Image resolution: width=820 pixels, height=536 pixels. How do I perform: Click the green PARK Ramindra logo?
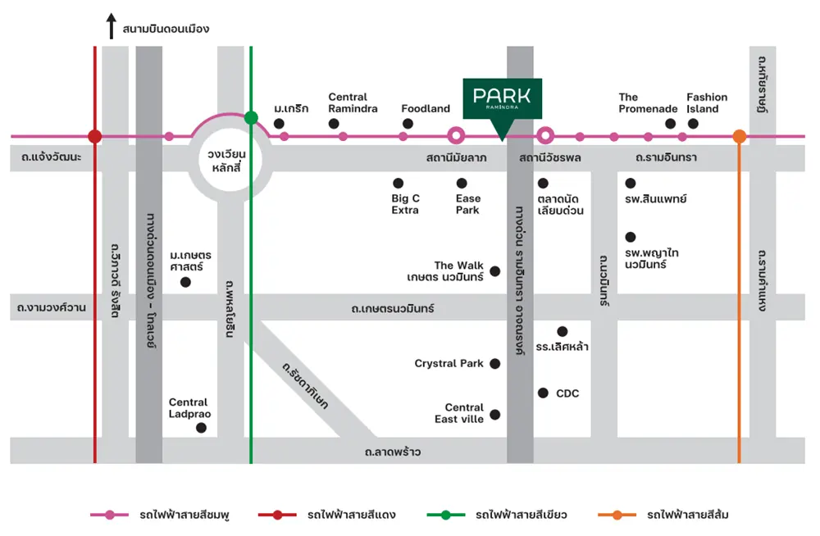(502, 98)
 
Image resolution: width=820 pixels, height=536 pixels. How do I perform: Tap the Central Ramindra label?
(353, 102)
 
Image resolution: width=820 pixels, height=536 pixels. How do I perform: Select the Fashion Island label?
(707, 102)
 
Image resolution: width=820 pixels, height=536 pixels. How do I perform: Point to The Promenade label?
(648, 102)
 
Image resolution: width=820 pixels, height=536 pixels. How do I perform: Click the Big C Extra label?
(405, 204)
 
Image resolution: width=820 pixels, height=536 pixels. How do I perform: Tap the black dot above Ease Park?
(462, 183)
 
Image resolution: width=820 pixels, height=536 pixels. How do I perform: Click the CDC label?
(567, 393)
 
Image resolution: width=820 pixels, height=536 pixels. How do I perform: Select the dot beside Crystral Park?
(494, 364)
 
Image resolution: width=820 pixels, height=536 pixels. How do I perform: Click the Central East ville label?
(464, 413)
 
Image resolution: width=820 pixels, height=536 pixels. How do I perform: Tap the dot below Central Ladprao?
(201, 428)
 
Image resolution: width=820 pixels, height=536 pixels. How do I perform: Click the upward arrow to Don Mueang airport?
(112, 26)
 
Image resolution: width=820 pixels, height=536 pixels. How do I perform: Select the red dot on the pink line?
(95, 136)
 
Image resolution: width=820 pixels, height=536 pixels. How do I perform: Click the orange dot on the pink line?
(740, 136)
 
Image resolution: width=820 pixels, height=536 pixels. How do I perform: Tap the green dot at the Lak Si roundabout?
(251, 118)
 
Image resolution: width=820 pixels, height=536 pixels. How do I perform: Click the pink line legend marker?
(109, 515)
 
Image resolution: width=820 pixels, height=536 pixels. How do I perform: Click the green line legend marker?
(445, 515)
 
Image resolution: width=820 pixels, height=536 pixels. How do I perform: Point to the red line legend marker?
(277, 515)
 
